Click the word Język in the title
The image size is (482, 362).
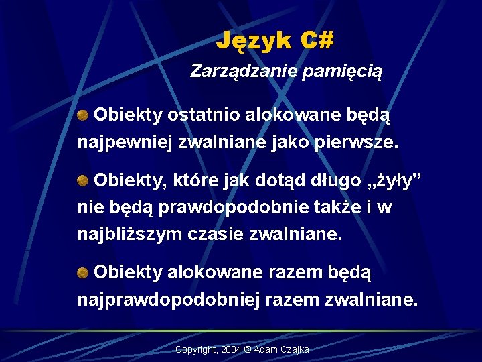[254, 42]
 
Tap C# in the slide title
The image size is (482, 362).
[317, 41]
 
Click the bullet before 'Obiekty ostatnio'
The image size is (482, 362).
[84, 115]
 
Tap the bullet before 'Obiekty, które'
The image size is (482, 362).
[84, 180]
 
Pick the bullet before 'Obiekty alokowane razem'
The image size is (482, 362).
[84, 271]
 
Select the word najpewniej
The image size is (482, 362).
[122, 143]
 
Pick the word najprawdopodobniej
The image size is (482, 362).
[169, 300]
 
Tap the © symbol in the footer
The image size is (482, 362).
[248, 350]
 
